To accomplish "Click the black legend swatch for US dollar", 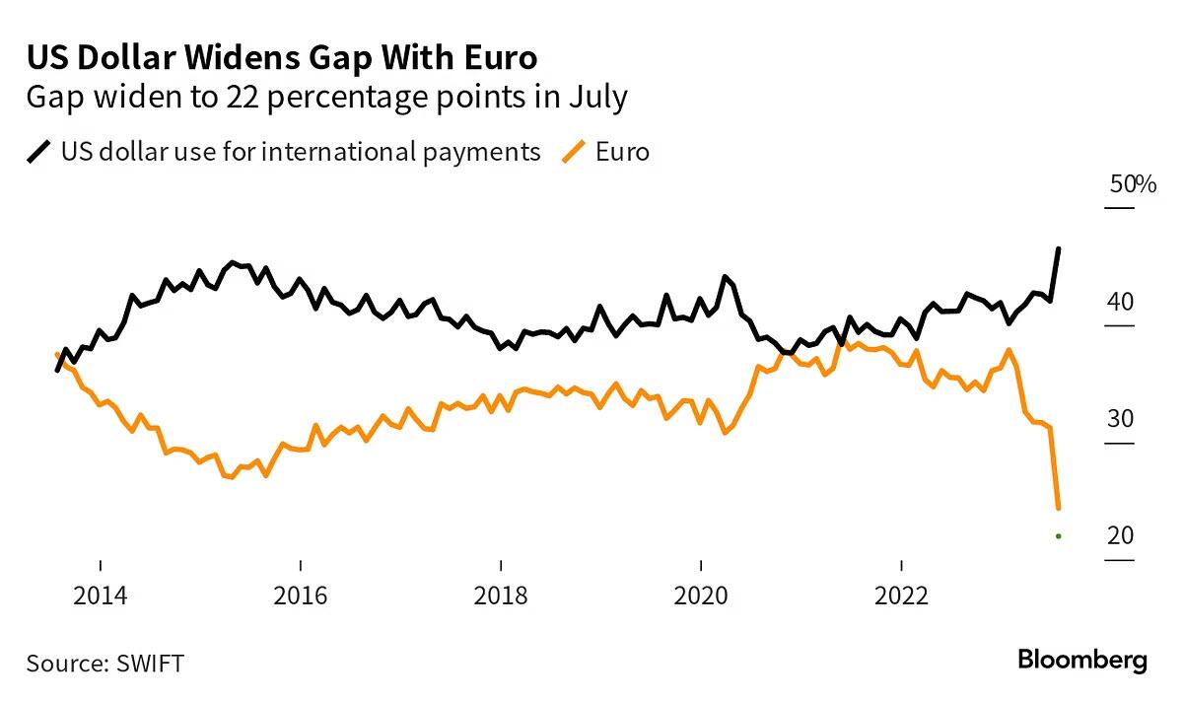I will pos(39,153).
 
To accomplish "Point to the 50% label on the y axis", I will pos(1131,184).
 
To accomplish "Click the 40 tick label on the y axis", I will pos(1120,302).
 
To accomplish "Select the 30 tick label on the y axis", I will pos(1120,419).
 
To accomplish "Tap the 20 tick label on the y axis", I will pos(1120,535).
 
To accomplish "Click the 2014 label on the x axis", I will pos(100,596).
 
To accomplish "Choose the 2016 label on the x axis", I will pos(300,596).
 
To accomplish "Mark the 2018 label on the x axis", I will pos(501,596).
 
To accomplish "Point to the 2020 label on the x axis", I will pos(701,596).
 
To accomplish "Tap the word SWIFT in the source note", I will pos(148,663).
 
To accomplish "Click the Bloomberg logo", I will pos(1081,660).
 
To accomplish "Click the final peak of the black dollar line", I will pos(1058,249).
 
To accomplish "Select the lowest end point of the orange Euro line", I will pos(1058,508).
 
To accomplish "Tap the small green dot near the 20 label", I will pos(1058,536).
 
